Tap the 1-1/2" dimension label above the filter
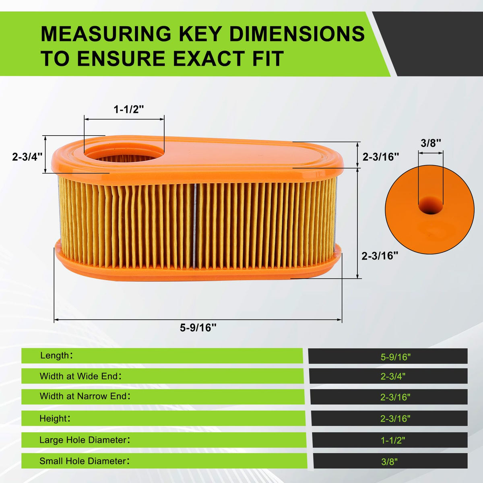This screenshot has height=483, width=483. (129, 109)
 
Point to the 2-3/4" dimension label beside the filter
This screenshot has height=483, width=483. (27, 157)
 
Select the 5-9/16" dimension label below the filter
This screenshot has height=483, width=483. (198, 327)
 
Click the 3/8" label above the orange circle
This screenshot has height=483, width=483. (431, 143)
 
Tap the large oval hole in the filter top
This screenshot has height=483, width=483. (124, 155)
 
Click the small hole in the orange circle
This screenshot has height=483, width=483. (431, 205)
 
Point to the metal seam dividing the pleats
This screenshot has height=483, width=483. (195, 225)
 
